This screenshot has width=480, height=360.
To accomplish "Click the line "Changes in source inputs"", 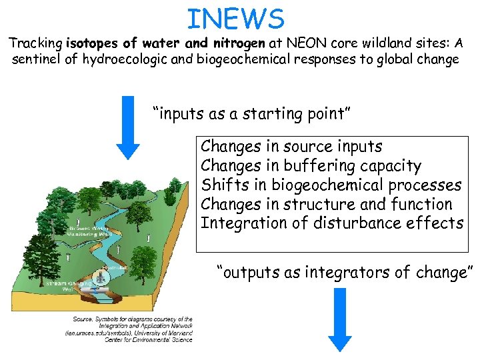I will point(291,146).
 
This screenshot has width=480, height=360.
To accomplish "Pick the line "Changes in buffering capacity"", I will point(311,165).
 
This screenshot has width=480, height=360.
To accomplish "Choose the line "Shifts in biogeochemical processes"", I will point(331,185).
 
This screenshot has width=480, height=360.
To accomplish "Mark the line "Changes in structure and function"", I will point(326,204).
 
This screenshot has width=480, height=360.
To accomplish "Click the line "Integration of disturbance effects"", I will point(331,223).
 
